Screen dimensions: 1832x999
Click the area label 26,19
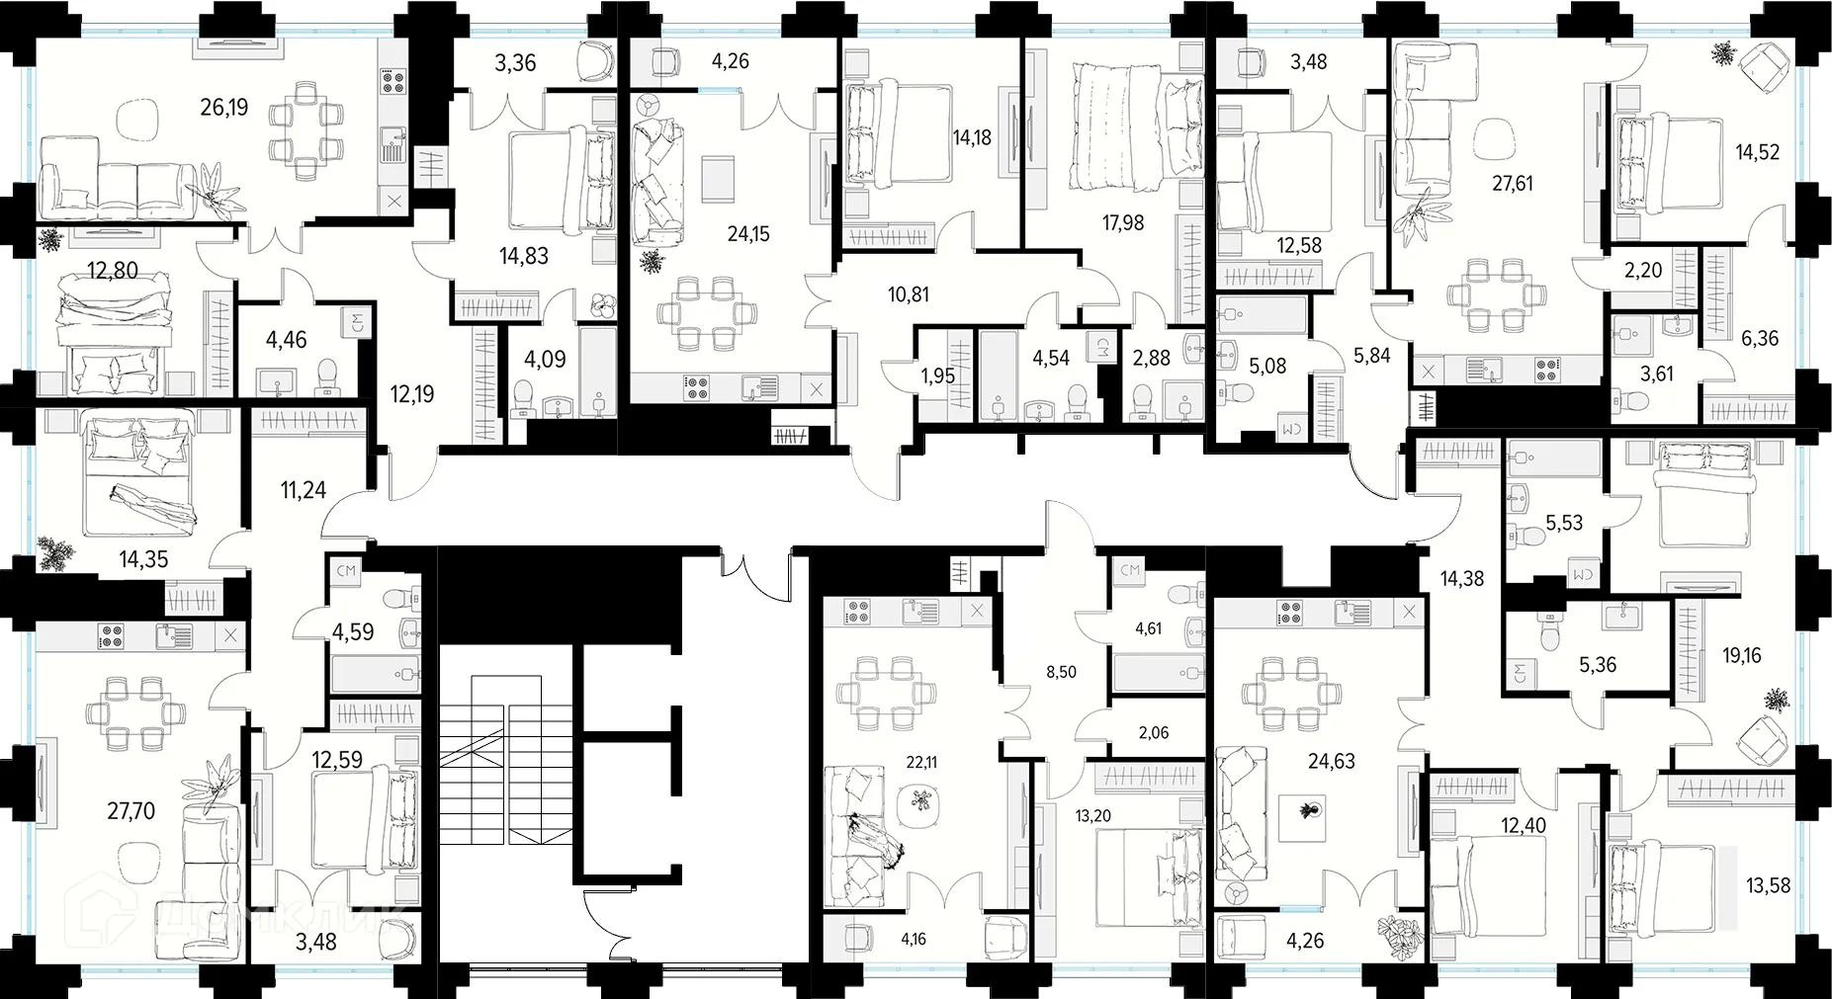coord(223,107)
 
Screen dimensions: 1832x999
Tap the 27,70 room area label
coord(131,811)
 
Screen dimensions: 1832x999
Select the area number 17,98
coord(1123,223)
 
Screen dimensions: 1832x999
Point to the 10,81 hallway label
coord(908,294)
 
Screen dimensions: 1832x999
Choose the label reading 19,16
coord(1741,655)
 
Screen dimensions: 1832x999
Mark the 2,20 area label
coord(1643,270)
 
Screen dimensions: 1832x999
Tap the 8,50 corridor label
coord(1061,672)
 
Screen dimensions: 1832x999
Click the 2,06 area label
coord(1154,732)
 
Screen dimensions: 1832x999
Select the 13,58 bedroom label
coord(1768,885)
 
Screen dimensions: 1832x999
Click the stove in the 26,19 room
coord(393,80)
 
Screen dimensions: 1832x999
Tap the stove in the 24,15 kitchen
coord(696,388)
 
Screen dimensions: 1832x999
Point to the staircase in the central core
coord(506,760)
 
